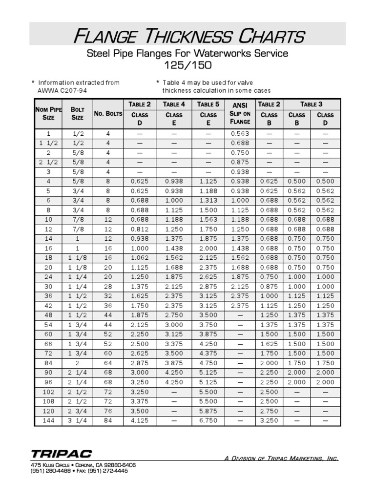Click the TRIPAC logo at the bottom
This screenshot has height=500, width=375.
point(61,454)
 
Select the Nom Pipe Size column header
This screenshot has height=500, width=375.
point(48,113)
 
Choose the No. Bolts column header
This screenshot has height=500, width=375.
point(108,114)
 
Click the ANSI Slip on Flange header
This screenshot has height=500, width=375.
point(240,113)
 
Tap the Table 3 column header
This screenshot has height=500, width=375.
point(311,104)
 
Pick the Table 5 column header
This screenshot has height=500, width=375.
point(208,104)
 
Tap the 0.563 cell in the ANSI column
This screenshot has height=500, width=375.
point(240,133)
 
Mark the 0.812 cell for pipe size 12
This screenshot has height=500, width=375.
point(140,229)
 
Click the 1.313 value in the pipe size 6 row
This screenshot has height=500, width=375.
point(208,201)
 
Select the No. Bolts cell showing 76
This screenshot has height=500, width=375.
point(108,411)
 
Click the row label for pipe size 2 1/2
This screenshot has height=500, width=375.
point(48,162)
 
